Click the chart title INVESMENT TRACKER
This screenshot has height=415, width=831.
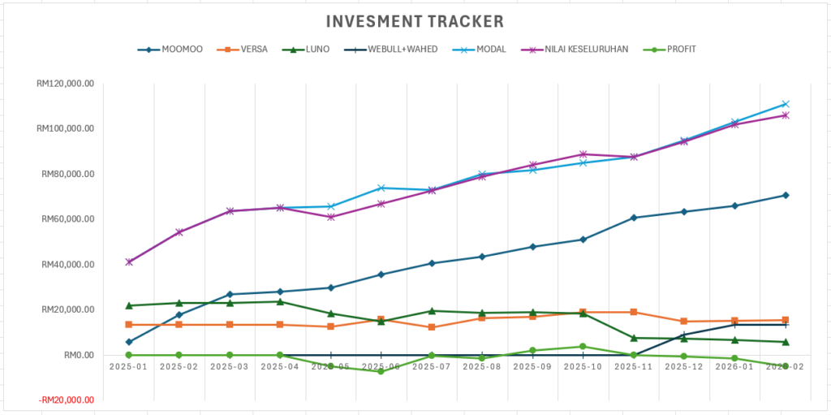tap(415, 21)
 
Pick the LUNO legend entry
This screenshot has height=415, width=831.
tap(307, 50)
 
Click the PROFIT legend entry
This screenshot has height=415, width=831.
tap(671, 50)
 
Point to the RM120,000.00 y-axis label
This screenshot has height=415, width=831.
tap(66, 84)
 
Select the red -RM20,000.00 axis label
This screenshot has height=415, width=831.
tap(65, 400)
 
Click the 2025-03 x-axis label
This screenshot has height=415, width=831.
tap(230, 367)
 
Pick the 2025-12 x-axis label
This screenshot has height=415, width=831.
tap(684, 367)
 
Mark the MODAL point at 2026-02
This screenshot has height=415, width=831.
tap(786, 104)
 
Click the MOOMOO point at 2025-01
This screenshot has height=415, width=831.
tap(129, 342)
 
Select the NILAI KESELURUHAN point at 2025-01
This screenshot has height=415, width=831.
tap(129, 262)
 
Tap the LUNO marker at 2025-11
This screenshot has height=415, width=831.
tap(634, 338)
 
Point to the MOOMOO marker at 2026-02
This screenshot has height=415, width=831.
tap(786, 195)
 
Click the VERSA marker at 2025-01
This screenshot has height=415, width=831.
tap(129, 325)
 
